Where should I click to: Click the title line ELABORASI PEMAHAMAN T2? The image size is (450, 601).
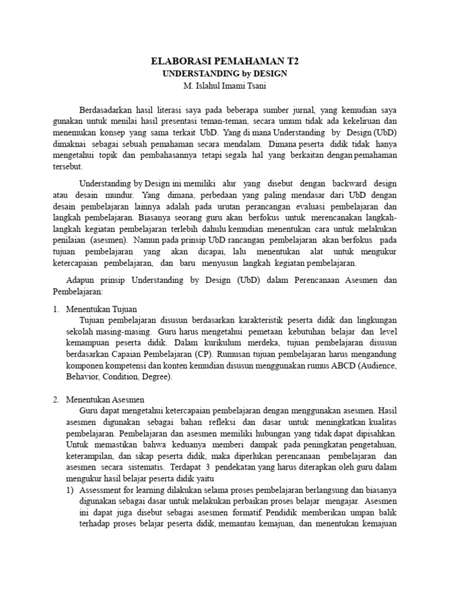click(x=224, y=61)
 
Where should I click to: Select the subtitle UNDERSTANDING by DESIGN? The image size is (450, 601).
click(x=224, y=73)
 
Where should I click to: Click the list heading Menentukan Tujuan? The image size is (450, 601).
click(x=101, y=309)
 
